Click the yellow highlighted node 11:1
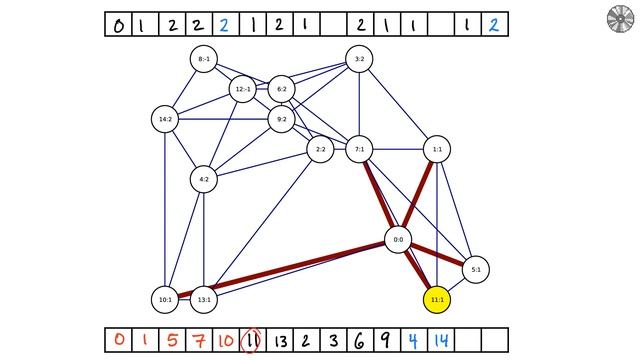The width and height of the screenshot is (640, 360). coord(437,299)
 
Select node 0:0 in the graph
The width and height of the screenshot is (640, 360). coord(398,240)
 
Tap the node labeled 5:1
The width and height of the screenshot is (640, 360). coord(476,269)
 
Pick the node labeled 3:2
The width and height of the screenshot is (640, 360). coord(359,60)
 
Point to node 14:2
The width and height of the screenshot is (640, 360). coord(164,120)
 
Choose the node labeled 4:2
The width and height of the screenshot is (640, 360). coord(203,180)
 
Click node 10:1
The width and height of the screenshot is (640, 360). coord(164,299)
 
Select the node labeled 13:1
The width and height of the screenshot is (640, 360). coord(203,299)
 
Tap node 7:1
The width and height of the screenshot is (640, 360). coord(359,150)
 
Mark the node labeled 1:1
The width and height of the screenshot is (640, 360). coord(437,150)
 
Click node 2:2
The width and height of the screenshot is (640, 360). coord(320,150)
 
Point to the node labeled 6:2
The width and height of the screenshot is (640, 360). coord(281,90)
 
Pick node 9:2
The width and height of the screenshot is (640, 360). coord(281,120)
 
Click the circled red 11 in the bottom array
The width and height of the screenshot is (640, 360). coord(252,340)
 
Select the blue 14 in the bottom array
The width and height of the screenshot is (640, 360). coord(440,340)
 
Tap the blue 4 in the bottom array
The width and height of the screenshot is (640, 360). coord(413,340)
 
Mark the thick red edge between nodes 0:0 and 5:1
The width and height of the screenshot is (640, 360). coord(438,255)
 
